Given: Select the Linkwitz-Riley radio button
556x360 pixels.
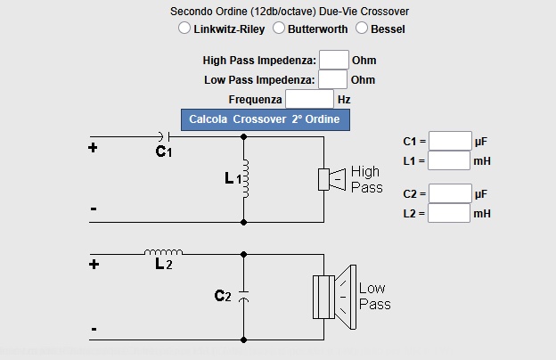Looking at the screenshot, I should coord(184,29).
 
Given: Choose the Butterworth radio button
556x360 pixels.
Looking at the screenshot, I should coord(279,29).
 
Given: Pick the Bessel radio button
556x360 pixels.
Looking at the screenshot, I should coord(362,29).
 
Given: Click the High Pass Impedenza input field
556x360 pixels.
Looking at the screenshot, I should coord(333,60).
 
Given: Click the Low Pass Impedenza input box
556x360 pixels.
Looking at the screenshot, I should coord(333,79).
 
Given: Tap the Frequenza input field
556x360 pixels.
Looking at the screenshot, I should coord(309,99).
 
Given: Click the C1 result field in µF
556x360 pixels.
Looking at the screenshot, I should coord(449,141).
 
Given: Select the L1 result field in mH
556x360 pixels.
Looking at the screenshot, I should coord(449,160).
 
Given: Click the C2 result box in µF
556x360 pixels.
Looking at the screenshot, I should coord(449,193).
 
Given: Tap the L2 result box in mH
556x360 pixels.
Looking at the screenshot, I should coord(449,213).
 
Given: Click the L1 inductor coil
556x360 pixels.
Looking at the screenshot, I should coord(244,179).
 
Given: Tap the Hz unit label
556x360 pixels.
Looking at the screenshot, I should coord(344,100).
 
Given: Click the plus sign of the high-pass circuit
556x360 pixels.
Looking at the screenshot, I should coord(93,148).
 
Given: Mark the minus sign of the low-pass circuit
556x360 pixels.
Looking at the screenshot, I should coord(94,329).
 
